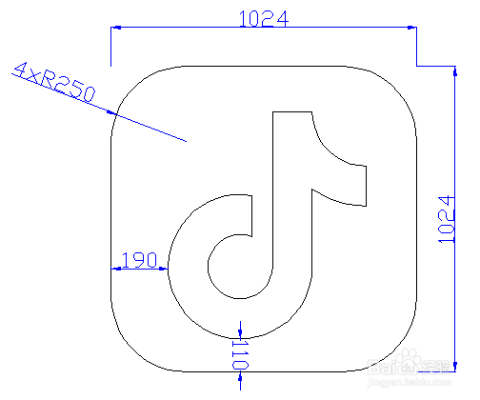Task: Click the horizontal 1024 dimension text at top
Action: pos(263,18)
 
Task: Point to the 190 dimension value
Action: pos(140,260)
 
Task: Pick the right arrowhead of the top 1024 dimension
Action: pos(411,30)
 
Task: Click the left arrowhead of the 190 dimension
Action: pos(117,270)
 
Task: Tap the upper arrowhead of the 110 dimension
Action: pos(241,328)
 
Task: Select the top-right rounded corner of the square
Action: pos(396,87)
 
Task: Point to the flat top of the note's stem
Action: pos(292,111)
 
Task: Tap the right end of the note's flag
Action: pos(364,185)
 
